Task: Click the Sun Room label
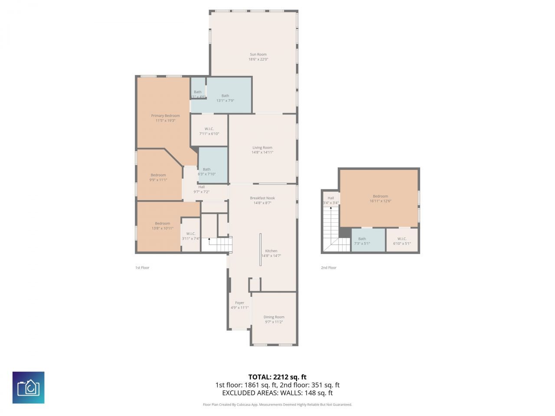[258, 55]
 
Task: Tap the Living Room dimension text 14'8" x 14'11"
[262, 153]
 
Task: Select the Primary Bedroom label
[165, 116]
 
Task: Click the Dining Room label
[274, 317]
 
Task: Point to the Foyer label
[240, 303]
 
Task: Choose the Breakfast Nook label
[262, 198]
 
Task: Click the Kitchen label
[271, 251]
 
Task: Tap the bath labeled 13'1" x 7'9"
[225, 96]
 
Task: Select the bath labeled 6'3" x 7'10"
[207, 169]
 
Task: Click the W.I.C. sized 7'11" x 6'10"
[209, 129]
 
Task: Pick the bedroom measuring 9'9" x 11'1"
[158, 175]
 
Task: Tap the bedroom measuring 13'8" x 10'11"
[163, 224]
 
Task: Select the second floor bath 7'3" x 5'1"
[362, 239]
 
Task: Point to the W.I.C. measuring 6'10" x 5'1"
[402, 239]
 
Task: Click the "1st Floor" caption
[142, 268]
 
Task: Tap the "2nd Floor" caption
[329, 268]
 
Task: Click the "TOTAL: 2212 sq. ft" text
[277, 377]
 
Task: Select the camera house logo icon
[28, 387]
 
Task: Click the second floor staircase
[332, 230]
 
